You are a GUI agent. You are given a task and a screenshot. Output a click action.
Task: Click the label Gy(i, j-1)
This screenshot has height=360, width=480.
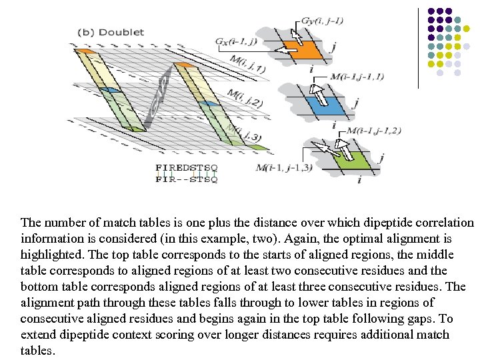click(x=322, y=21)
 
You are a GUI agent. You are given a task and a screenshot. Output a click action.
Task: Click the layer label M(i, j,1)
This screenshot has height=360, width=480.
click(x=247, y=65)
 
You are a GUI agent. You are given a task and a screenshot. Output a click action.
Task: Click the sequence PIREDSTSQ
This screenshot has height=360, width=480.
click(x=187, y=167)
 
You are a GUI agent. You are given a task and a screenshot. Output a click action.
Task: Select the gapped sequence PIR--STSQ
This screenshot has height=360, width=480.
click(x=187, y=179)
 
